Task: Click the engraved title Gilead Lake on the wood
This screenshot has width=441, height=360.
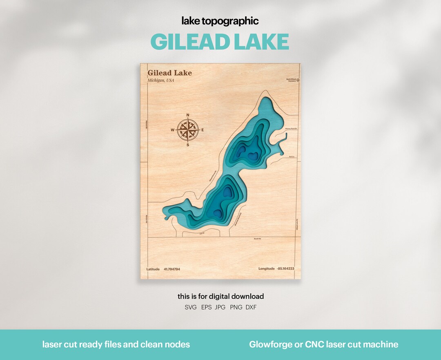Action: [x=169, y=73]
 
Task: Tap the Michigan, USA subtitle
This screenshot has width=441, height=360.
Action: [x=160, y=80]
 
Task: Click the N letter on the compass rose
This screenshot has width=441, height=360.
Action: [x=188, y=115]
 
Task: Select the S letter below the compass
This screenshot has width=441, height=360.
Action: [x=188, y=145]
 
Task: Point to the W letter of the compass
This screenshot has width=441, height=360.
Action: [x=172, y=130]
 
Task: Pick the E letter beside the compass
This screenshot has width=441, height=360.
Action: [x=203, y=130]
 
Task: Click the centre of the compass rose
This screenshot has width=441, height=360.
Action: [x=188, y=130]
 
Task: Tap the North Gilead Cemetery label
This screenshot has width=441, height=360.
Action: [x=291, y=80]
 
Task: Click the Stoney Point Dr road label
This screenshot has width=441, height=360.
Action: [x=292, y=129]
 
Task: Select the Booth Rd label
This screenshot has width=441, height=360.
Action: [x=257, y=239]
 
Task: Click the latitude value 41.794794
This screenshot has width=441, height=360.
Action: [x=172, y=269]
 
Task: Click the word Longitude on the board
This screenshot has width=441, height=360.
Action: [x=266, y=269]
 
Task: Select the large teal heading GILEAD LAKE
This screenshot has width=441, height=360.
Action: [x=220, y=42]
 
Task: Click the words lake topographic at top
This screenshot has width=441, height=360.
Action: [x=220, y=21]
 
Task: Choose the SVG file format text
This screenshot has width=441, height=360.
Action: [x=191, y=307]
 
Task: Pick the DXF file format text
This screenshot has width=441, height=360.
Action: [x=251, y=307]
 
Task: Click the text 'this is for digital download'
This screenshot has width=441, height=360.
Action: [x=220, y=296]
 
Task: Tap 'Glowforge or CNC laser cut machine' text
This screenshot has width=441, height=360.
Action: [x=323, y=344]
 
